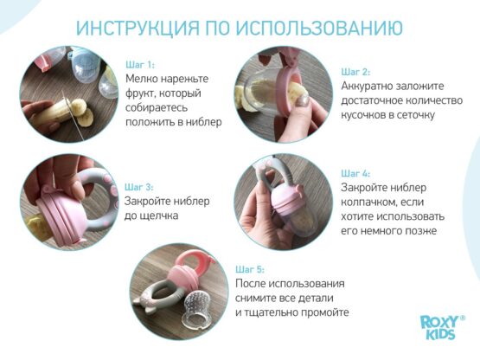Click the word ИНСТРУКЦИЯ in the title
(x=138, y=28)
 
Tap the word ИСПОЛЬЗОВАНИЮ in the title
(x=319, y=28)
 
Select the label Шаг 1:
(x=140, y=65)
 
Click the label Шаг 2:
(x=355, y=72)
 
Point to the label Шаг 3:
(x=139, y=187)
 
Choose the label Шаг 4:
(x=355, y=173)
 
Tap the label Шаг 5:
(x=250, y=270)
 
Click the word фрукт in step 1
(x=138, y=93)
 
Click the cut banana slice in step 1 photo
(x=85, y=117)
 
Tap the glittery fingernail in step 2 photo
(x=303, y=100)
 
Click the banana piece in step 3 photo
(x=38, y=228)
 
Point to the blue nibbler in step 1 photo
(x=85, y=65)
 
